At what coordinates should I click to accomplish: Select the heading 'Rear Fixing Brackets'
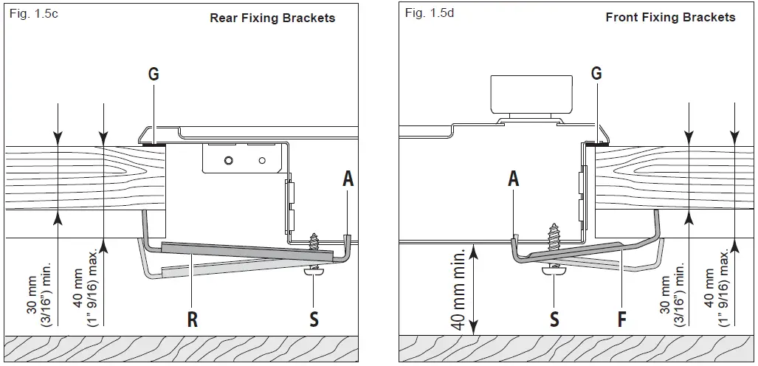tap(272, 18)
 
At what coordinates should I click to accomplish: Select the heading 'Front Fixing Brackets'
tap(670, 17)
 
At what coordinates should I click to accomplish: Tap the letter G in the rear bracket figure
tap(154, 74)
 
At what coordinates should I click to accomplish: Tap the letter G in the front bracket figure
tap(596, 73)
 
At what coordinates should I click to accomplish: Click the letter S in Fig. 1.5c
tap(314, 320)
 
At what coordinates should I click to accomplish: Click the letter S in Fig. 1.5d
tap(554, 319)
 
